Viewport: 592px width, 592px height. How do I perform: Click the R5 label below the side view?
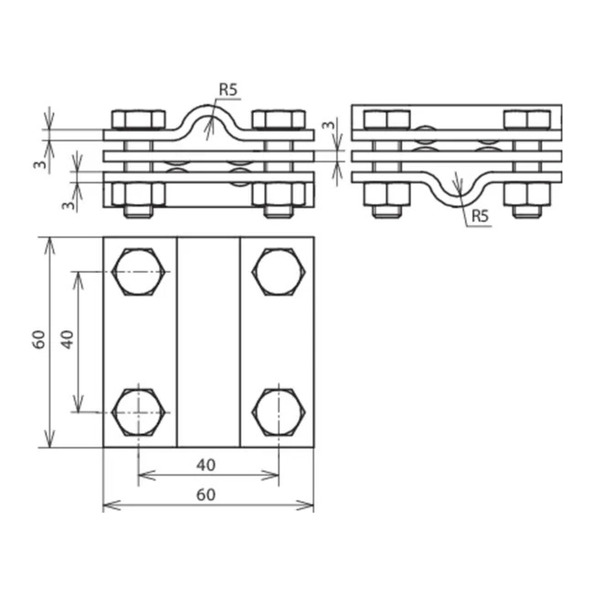coord(480,216)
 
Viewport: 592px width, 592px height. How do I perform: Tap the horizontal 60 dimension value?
coord(206,495)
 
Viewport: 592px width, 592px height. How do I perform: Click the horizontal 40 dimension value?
coord(206,465)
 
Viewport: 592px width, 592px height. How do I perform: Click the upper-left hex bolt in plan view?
coord(139,272)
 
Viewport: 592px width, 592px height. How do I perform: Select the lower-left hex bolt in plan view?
coord(139,412)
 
